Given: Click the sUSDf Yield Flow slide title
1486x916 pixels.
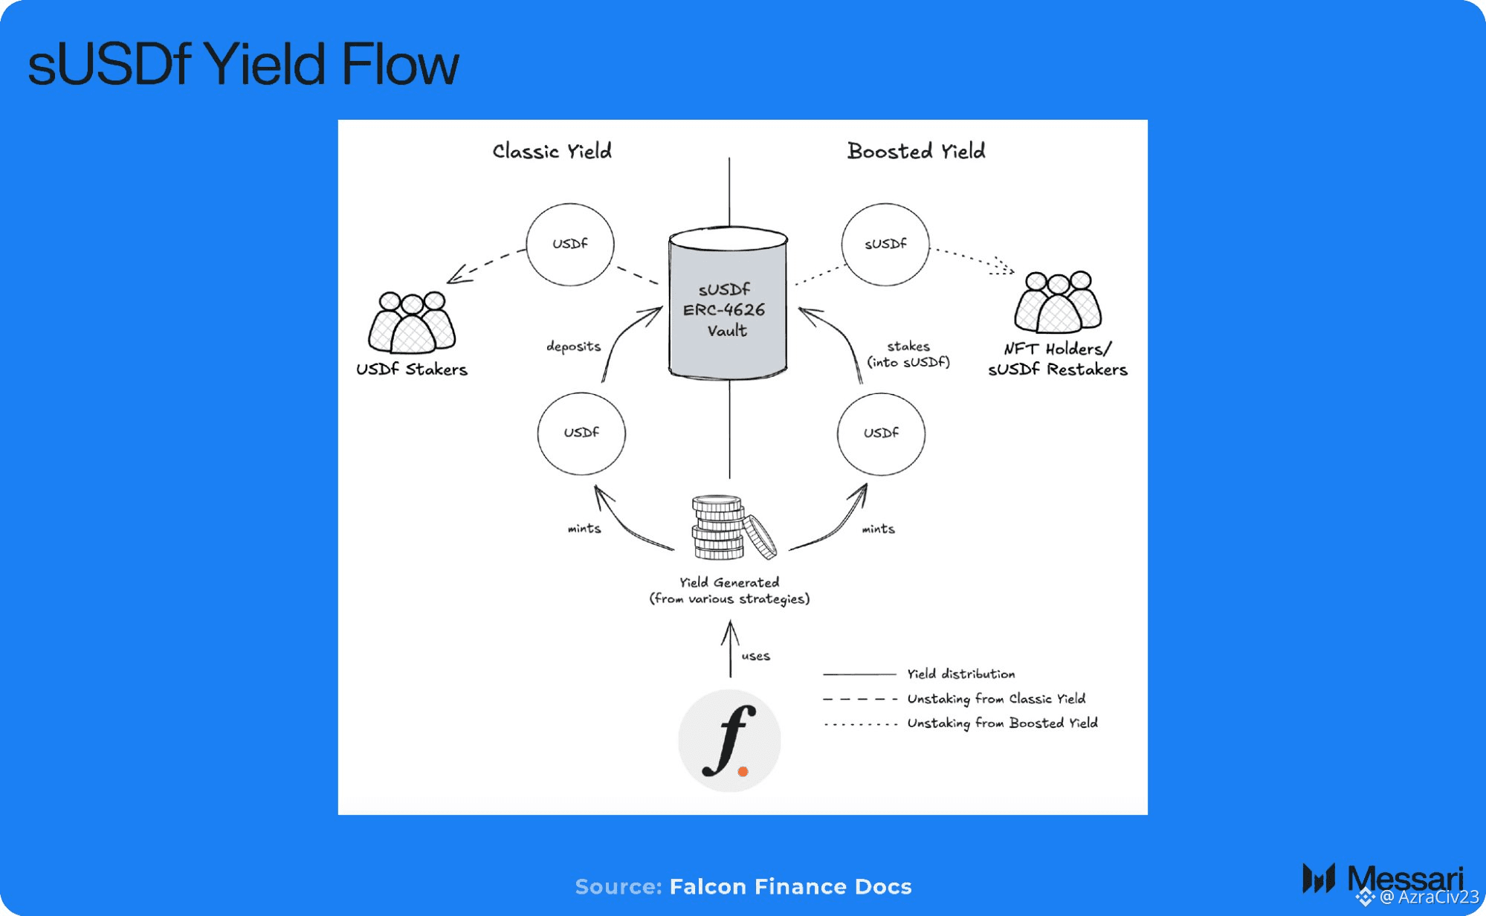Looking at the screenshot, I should pos(243,64).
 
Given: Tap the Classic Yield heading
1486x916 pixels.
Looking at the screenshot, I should pos(552,151).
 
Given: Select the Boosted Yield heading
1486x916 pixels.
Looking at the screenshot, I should pos(916,151).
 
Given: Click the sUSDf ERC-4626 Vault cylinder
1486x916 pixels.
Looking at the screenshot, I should pos(728,305).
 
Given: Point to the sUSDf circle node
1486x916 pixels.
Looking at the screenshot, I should pos(885,244).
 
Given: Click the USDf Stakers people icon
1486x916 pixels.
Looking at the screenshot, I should pos(412,322).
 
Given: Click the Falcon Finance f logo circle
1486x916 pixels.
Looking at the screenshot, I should pos(729,741).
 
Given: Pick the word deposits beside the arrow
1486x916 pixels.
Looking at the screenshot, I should pos(573,346).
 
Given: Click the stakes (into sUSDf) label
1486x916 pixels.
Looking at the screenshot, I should pos(908,354).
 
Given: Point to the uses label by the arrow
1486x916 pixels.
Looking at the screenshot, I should pos(755,656).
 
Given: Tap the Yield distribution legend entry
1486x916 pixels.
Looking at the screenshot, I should pos(960,674).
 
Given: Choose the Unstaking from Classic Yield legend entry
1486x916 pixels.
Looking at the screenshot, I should pos(995,699).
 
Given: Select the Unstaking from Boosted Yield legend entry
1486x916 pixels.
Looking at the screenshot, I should pos(1001,723).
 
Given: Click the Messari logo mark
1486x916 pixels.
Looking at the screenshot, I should pos(1319,878).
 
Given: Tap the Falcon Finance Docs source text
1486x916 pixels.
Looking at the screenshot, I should pos(790,886).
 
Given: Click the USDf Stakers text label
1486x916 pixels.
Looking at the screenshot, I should pos(412,370).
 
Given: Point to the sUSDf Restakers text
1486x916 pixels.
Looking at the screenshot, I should pos(1057,370).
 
